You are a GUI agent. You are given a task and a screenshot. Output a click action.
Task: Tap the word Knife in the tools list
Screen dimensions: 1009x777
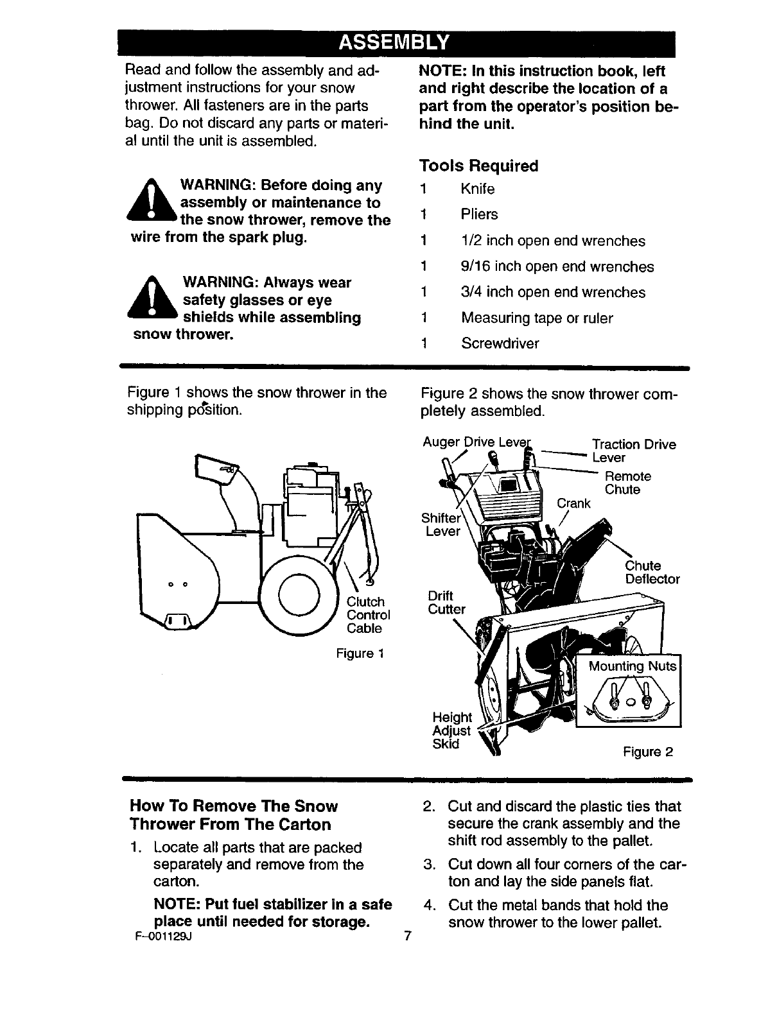coord(477,189)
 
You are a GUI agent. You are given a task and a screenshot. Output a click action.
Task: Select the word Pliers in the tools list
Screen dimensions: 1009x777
coord(479,214)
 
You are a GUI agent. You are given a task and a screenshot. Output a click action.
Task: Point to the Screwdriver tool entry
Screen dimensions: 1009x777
coord(500,343)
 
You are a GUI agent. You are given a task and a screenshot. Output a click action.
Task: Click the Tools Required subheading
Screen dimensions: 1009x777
coord(478,166)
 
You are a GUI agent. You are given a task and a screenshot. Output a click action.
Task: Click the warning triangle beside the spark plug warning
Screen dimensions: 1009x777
coord(152,202)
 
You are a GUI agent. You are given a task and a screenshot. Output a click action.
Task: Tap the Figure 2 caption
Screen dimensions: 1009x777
coord(648,752)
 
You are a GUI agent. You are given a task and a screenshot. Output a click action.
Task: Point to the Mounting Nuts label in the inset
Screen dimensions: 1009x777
coord(633,666)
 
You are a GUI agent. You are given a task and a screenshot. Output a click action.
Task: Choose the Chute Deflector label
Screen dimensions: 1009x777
coord(652,573)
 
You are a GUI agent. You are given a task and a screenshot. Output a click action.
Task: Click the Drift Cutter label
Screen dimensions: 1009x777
coord(446,603)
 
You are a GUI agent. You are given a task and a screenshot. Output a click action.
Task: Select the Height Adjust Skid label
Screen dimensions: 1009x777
coord(451,730)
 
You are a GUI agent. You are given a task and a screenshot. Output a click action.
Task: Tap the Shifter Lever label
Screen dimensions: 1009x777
coord(441,525)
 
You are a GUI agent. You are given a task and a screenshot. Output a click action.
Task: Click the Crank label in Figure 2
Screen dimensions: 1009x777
coord(573,503)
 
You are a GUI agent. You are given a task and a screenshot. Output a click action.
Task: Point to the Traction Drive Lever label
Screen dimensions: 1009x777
coord(633,451)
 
